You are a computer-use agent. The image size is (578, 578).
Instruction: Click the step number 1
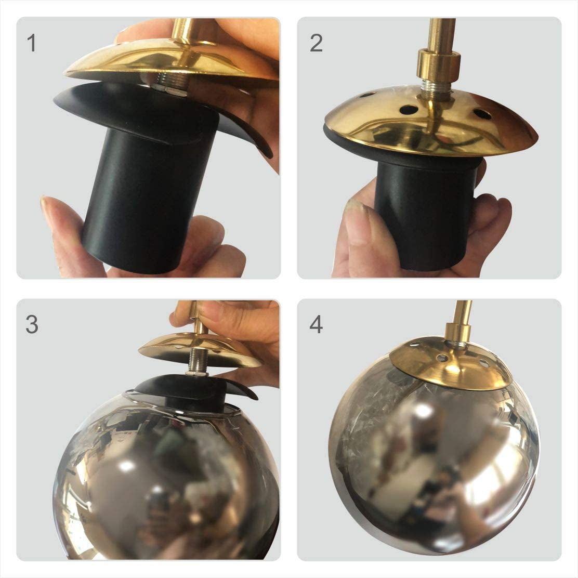point(32,43)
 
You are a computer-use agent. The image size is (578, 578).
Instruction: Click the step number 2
point(316,43)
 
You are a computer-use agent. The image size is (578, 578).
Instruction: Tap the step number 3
point(32,325)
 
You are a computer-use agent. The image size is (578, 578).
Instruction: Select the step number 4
point(316,325)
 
